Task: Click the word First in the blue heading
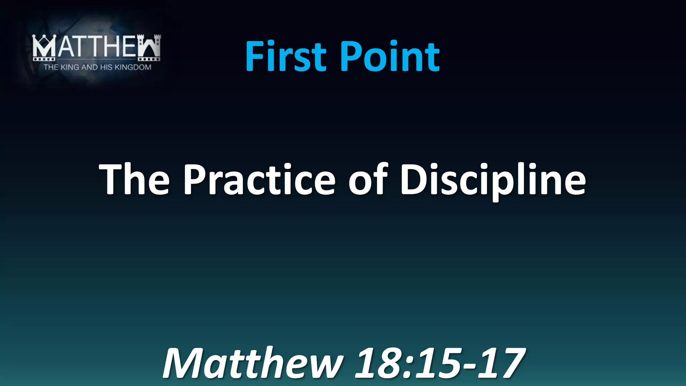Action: coord(286,56)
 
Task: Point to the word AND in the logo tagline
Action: coord(89,67)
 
